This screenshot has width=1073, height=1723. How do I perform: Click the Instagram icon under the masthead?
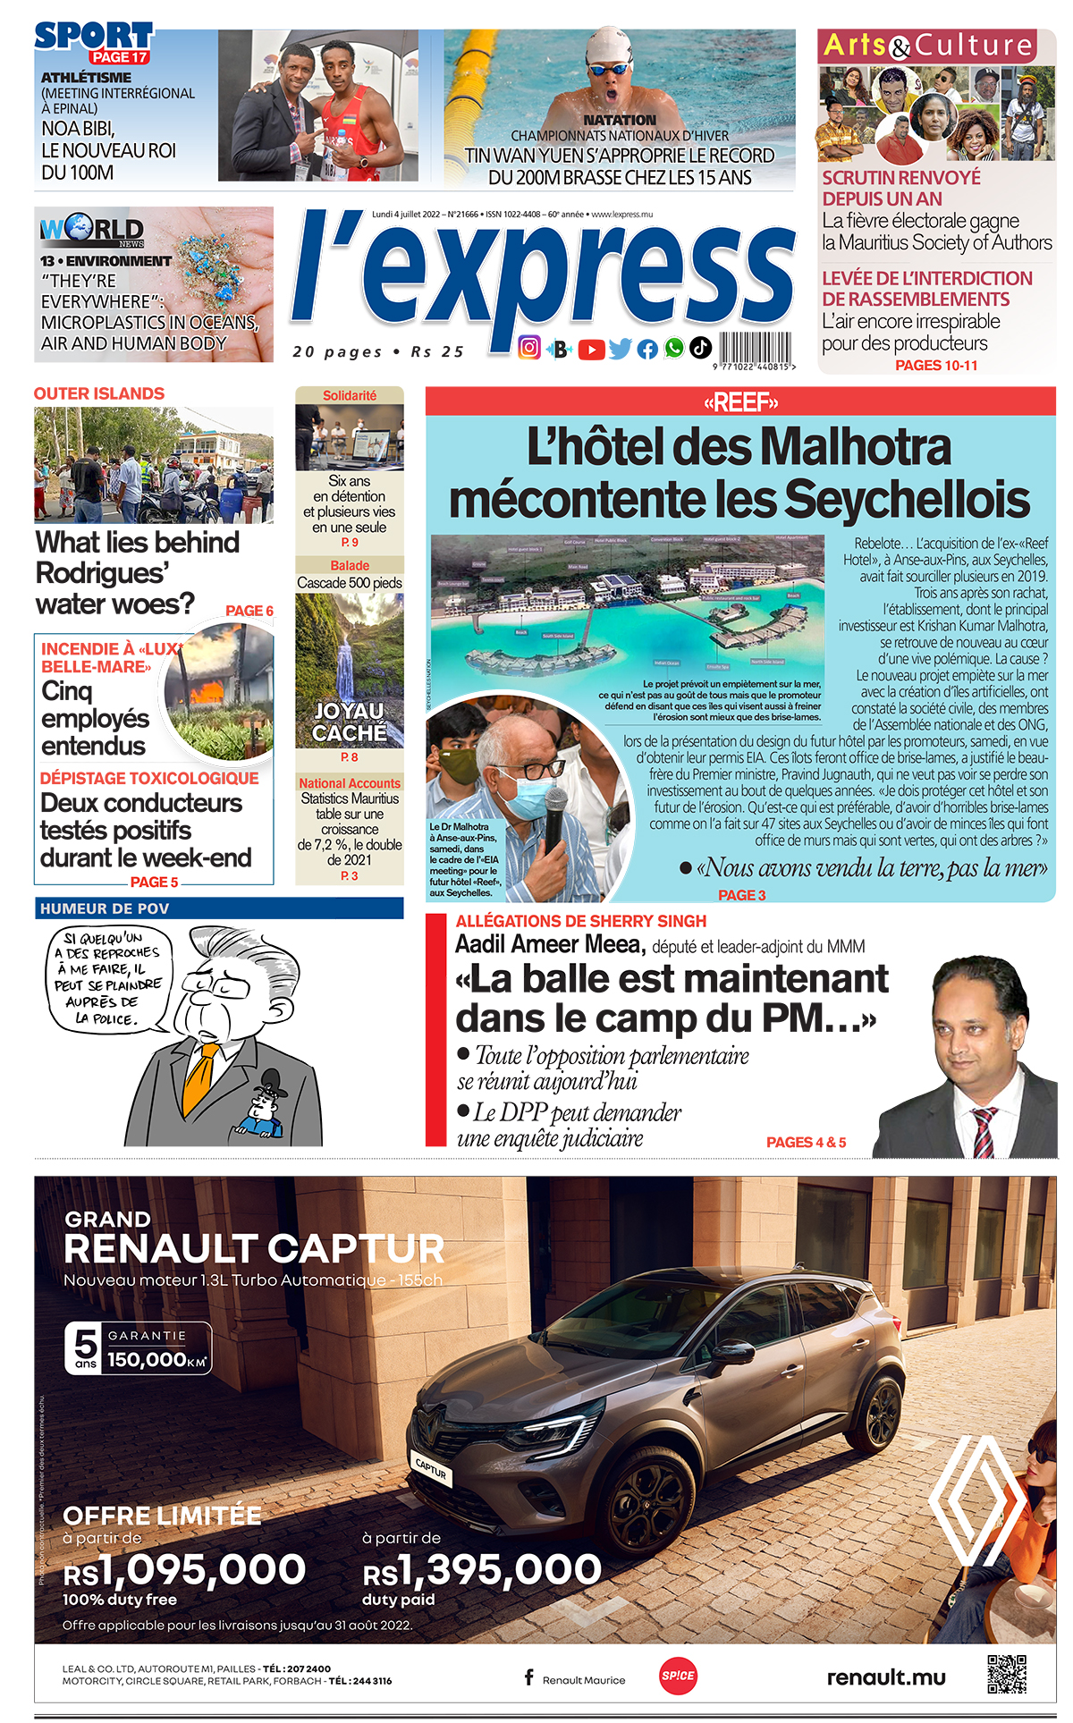[x=529, y=348]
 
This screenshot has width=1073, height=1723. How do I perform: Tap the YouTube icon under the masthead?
[x=591, y=350]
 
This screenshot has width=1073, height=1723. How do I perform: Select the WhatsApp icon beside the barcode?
[x=674, y=348]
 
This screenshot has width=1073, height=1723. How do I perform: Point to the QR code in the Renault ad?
[x=1006, y=1674]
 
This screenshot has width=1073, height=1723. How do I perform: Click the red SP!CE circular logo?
[x=678, y=1676]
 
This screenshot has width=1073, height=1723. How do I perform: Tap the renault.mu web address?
[x=885, y=1677]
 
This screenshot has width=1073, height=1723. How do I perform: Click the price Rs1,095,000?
[x=184, y=1570]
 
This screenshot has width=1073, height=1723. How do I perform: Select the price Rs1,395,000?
[x=482, y=1570]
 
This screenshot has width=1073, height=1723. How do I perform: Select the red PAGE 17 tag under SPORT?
[x=120, y=57]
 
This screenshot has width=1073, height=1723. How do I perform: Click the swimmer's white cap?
[x=611, y=45]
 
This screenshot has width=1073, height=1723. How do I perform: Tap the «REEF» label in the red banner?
[x=740, y=402]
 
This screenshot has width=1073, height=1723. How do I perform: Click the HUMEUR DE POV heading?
[x=105, y=908]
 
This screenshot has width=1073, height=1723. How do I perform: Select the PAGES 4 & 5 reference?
[x=806, y=1142]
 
